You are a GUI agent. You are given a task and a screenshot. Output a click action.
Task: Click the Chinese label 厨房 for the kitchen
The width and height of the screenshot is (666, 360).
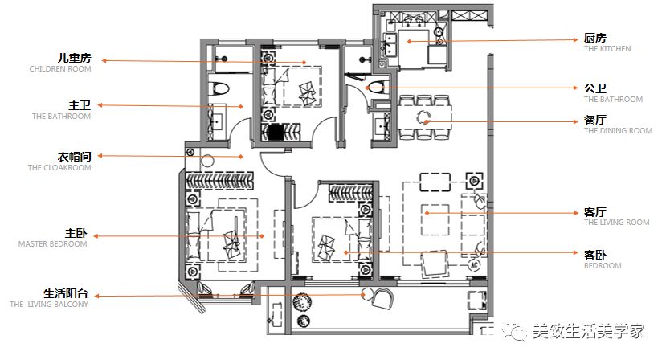tap(594, 38)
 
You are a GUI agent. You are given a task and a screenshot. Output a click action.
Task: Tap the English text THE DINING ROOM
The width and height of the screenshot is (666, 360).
tap(618, 131)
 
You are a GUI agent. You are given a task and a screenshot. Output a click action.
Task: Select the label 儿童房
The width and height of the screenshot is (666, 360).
tap(75, 58)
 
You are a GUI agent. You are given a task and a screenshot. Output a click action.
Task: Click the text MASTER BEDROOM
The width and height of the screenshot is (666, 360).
tap(53, 244)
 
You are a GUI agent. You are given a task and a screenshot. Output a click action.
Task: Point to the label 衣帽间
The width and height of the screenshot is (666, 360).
tap(75, 157)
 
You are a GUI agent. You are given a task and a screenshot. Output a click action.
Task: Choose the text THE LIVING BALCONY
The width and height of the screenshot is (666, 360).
tap(49, 305)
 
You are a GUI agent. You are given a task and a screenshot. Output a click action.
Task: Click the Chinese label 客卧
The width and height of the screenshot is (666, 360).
tap(594, 255)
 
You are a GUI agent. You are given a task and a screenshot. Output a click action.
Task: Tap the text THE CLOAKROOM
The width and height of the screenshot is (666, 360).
tap(59, 167)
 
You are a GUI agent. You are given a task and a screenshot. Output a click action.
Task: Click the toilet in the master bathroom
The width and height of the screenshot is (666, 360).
tap(219, 88)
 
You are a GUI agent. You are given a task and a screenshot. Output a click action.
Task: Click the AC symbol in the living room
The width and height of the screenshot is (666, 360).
tap(474, 265)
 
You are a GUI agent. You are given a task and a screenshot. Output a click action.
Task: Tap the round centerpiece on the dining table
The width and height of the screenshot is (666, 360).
tap(423, 117)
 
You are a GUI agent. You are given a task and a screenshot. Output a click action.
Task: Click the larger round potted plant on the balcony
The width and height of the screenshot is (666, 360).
tap(302, 302)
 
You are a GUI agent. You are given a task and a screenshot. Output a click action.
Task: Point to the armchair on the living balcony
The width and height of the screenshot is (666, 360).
tap(382, 298)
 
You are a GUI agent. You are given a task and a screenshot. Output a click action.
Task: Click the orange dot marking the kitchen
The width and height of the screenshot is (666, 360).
tap(409, 41)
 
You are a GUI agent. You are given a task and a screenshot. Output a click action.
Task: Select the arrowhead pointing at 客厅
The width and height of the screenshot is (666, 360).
tap(575, 212)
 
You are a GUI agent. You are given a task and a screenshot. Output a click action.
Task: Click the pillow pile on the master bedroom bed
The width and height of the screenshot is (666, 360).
tap(231, 245)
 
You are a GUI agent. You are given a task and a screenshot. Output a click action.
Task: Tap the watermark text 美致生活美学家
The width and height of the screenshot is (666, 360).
tap(588, 331)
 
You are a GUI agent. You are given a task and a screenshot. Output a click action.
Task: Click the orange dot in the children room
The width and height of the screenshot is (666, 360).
tap(304, 63)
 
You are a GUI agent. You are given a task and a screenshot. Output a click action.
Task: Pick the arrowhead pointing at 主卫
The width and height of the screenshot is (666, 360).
tap(100, 105)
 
